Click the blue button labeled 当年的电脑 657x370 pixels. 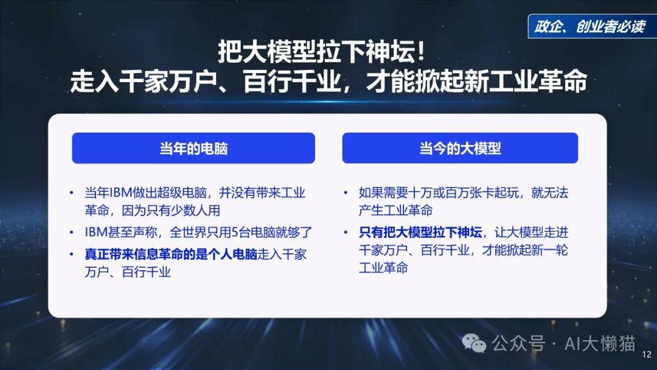[193, 148]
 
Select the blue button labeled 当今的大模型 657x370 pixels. [460, 148]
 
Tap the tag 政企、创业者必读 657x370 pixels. [589, 26]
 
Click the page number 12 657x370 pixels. [647, 355]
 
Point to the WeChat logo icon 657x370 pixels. [474, 344]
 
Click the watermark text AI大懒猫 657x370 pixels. [600, 344]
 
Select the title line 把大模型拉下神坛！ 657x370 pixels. [322, 52]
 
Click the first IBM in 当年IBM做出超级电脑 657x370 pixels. [120, 193]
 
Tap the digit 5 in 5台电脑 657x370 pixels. [235, 232]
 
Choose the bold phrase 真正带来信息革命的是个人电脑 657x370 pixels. [171, 254]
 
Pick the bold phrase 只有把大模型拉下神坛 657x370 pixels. [420, 232]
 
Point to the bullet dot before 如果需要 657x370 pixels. [346, 193]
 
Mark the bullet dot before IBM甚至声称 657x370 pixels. [72, 232]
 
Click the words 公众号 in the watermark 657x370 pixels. [518, 344]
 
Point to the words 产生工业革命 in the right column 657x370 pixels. [395, 211]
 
